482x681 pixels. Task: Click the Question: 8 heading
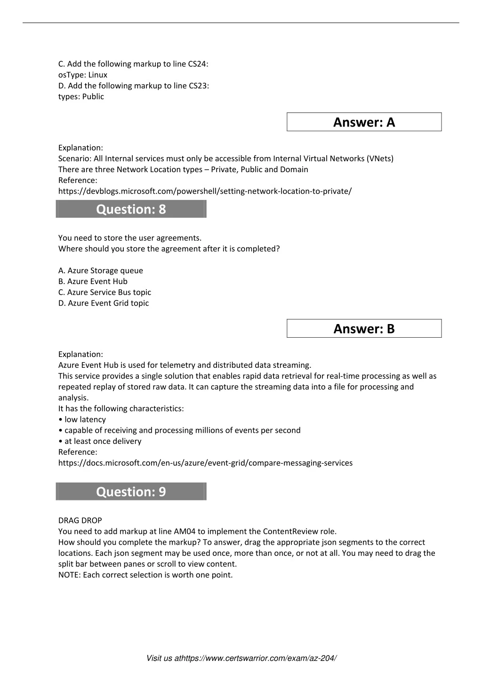(x=131, y=209)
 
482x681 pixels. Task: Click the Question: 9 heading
(x=131, y=491)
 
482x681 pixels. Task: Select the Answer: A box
(x=364, y=122)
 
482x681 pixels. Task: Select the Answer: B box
(x=364, y=329)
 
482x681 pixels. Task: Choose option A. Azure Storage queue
(x=101, y=270)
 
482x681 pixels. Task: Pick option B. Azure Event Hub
(x=93, y=281)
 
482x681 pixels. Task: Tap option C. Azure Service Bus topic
(x=104, y=292)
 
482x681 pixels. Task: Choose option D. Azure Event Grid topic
(x=104, y=303)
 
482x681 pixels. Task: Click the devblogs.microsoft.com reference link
(x=205, y=191)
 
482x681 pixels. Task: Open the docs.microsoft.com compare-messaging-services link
(x=205, y=463)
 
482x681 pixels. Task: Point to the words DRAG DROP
(x=80, y=520)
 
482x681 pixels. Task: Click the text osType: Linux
(x=83, y=75)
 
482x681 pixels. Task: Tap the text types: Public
(x=81, y=96)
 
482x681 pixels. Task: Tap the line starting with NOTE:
(x=145, y=575)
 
